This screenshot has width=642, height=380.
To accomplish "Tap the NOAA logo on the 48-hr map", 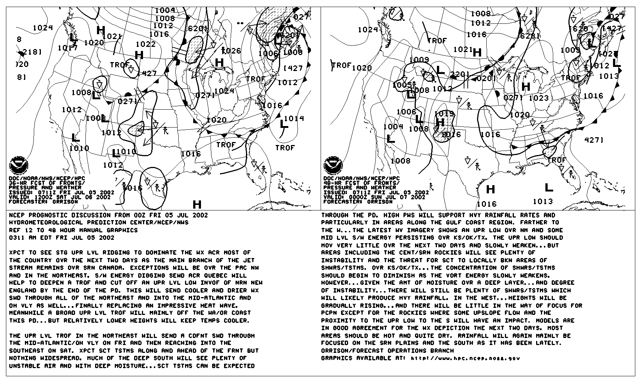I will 333,166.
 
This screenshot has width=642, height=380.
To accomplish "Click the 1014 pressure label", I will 294,118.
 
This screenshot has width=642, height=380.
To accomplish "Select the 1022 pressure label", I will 146,44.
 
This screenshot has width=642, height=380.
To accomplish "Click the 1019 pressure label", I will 444,114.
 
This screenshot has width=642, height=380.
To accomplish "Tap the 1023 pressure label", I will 539,98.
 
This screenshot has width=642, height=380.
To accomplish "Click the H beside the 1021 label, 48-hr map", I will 477,52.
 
